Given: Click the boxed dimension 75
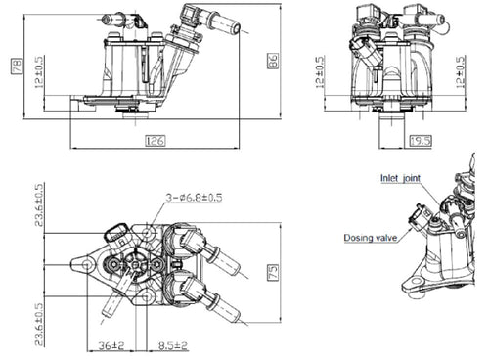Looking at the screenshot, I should [x=274, y=271].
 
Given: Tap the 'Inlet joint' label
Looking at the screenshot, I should [x=400, y=177].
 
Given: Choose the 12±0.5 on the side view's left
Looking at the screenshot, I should [x=320, y=80].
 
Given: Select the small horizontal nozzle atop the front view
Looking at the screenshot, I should [x=110, y=18].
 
